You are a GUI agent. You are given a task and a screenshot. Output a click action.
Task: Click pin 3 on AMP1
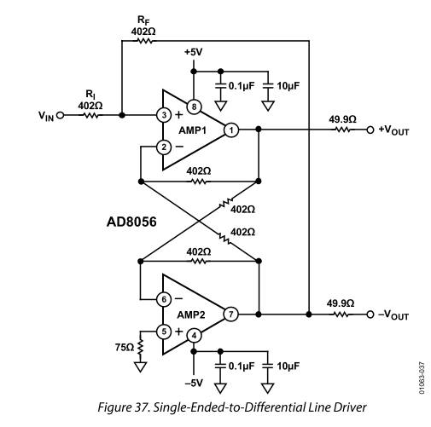pyautogui.click(x=164, y=115)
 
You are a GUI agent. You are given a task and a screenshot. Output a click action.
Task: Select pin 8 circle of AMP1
pyautogui.click(x=194, y=107)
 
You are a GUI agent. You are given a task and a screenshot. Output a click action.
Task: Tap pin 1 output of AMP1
pyautogui.click(x=231, y=130)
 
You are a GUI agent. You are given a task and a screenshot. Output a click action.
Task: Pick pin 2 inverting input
pyautogui.click(x=164, y=147)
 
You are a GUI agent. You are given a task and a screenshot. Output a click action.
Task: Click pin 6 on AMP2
pyautogui.click(x=164, y=299)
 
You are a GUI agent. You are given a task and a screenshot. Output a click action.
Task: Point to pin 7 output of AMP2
pyautogui.click(x=230, y=314)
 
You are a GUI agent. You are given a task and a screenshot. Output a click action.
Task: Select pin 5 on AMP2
pyautogui.click(x=164, y=332)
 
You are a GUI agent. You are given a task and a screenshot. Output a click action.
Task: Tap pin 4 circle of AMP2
pyautogui.click(x=194, y=336)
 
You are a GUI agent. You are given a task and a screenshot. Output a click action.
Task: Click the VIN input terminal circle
pyautogui.click(x=60, y=115)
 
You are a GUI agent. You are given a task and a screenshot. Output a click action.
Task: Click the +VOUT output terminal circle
pyautogui.click(x=370, y=130)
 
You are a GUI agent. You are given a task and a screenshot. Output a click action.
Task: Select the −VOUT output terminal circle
pyautogui.click(x=370, y=314)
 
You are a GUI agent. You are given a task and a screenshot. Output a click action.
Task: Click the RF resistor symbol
pyautogui.click(x=145, y=41)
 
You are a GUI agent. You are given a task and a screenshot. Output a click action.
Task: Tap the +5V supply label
pyautogui.click(x=194, y=52)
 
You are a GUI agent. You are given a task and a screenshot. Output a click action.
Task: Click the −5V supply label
pyautogui.click(x=194, y=383)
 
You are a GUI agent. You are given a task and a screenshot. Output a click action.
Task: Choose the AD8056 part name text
pyautogui.click(x=131, y=222)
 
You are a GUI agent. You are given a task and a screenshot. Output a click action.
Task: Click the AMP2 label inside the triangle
pyautogui.click(x=191, y=314)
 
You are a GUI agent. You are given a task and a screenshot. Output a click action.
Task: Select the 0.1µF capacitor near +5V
pyautogui.click(x=220, y=85)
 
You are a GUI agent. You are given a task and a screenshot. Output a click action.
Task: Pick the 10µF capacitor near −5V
pyautogui.click(x=267, y=366)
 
